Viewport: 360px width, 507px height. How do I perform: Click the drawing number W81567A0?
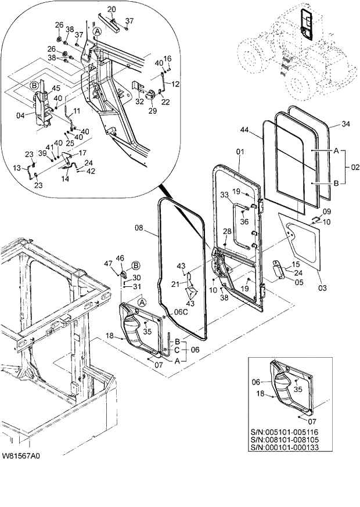click(x=21, y=456)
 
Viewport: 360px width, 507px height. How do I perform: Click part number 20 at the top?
click(x=111, y=9)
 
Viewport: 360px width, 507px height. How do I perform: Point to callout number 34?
click(x=345, y=124)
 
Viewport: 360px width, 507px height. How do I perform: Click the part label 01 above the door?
click(x=240, y=153)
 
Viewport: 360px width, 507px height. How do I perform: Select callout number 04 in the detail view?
click(x=21, y=116)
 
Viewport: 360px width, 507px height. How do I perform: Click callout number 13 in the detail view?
click(x=17, y=168)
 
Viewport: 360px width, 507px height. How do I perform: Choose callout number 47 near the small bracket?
click(x=107, y=264)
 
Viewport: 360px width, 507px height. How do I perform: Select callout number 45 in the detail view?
click(x=56, y=88)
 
